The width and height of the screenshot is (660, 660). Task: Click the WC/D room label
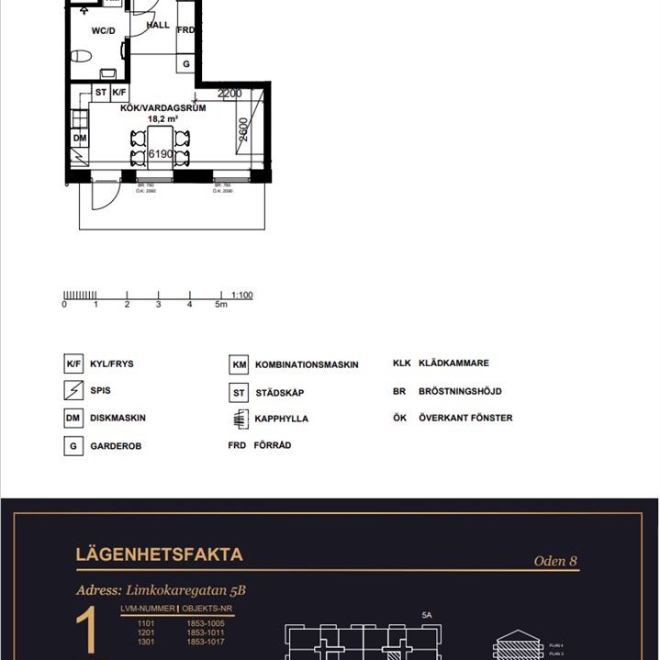click(x=103, y=30)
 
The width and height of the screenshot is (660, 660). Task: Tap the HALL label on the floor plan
click(x=159, y=26)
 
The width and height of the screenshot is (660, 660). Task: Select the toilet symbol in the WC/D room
click(x=81, y=56)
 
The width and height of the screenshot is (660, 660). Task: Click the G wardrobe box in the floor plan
click(x=186, y=64)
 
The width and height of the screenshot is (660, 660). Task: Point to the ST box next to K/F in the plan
click(x=101, y=93)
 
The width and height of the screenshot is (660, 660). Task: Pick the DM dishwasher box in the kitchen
click(x=79, y=139)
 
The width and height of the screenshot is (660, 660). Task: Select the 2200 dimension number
click(x=229, y=94)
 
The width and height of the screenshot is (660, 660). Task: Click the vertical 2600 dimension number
click(x=242, y=129)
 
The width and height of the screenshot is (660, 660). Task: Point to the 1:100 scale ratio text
click(x=242, y=295)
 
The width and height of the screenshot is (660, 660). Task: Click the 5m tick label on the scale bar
click(x=220, y=305)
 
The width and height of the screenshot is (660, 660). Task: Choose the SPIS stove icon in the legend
click(x=73, y=391)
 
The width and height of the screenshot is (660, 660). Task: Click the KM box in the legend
click(x=239, y=364)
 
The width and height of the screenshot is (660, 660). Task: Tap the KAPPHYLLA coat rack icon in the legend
click(x=239, y=419)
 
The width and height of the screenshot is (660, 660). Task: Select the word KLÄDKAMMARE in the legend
click(x=453, y=364)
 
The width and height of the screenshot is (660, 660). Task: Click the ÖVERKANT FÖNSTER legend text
click(x=465, y=418)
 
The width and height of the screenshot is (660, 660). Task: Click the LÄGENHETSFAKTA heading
click(x=159, y=554)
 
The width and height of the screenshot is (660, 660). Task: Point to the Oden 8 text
click(x=555, y=561)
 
